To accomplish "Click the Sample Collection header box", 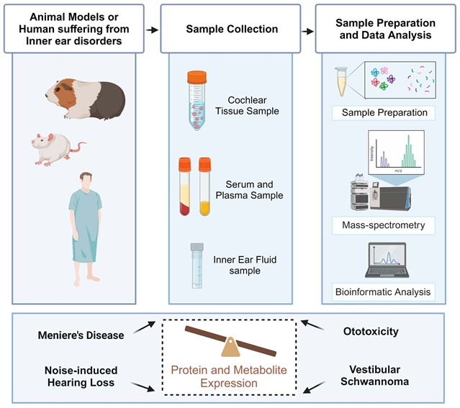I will pos(231,30).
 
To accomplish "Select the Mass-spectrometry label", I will pos(384,226).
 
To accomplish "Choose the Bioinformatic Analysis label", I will pos(384,291).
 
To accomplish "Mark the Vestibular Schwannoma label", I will pos(376,374).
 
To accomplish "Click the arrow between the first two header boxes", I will pos(152,30).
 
